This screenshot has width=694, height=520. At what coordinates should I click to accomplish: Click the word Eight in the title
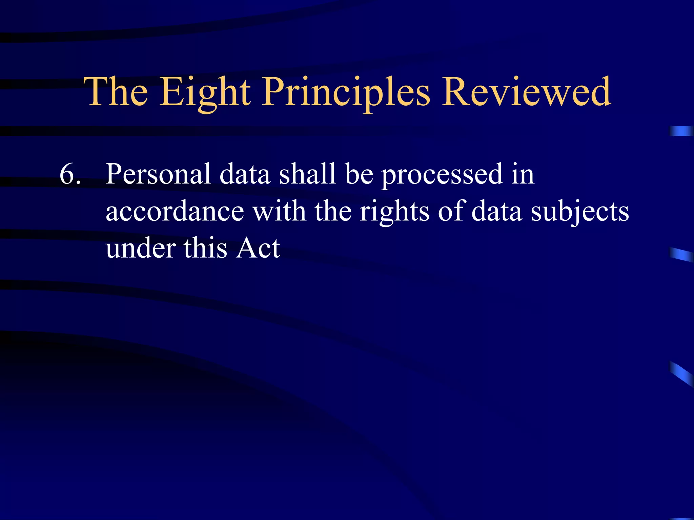click(205, 92)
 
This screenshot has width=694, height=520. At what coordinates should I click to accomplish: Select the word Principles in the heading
click(346, 92)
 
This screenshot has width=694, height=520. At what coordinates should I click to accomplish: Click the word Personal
click(158, 174)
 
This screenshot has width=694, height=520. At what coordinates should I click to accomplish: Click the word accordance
click(175, 211)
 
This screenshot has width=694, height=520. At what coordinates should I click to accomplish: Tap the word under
click(140, 248)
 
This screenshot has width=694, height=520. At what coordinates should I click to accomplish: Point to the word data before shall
click(245, 174)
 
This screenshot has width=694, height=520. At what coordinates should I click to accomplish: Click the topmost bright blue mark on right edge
click(681, 131)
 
